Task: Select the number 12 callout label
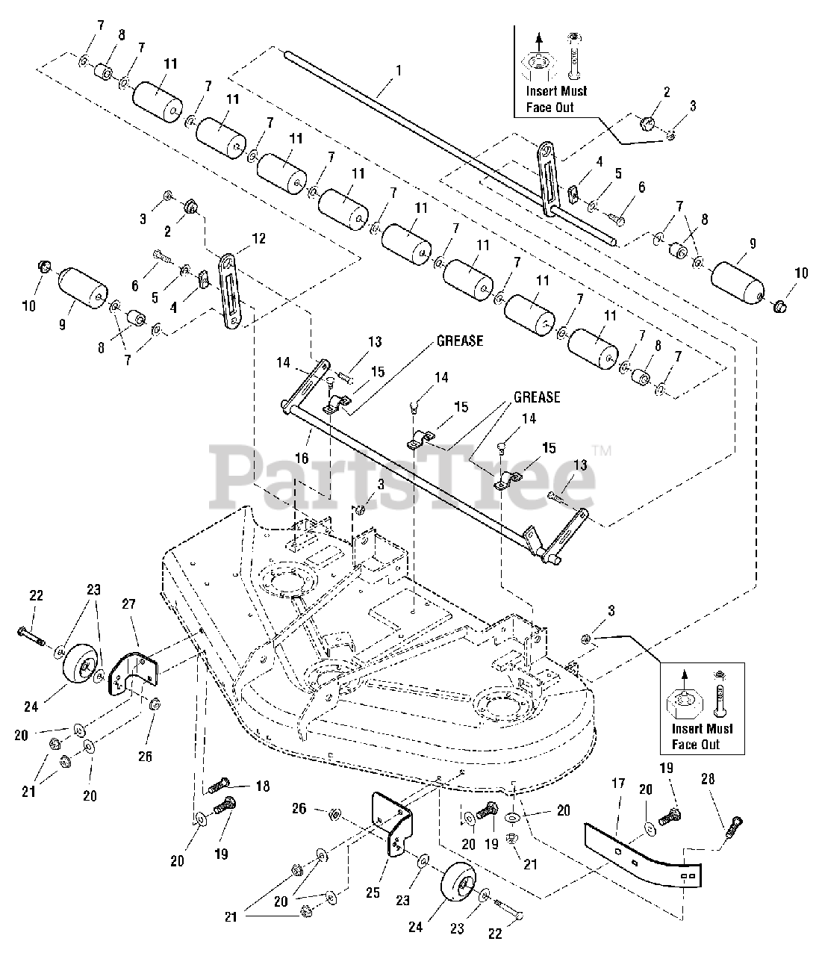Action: tap(258, 239)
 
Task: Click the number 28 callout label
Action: tap(707, 779)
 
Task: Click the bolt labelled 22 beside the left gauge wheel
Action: tap(30, 635)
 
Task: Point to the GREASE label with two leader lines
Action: tap(535, 397)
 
